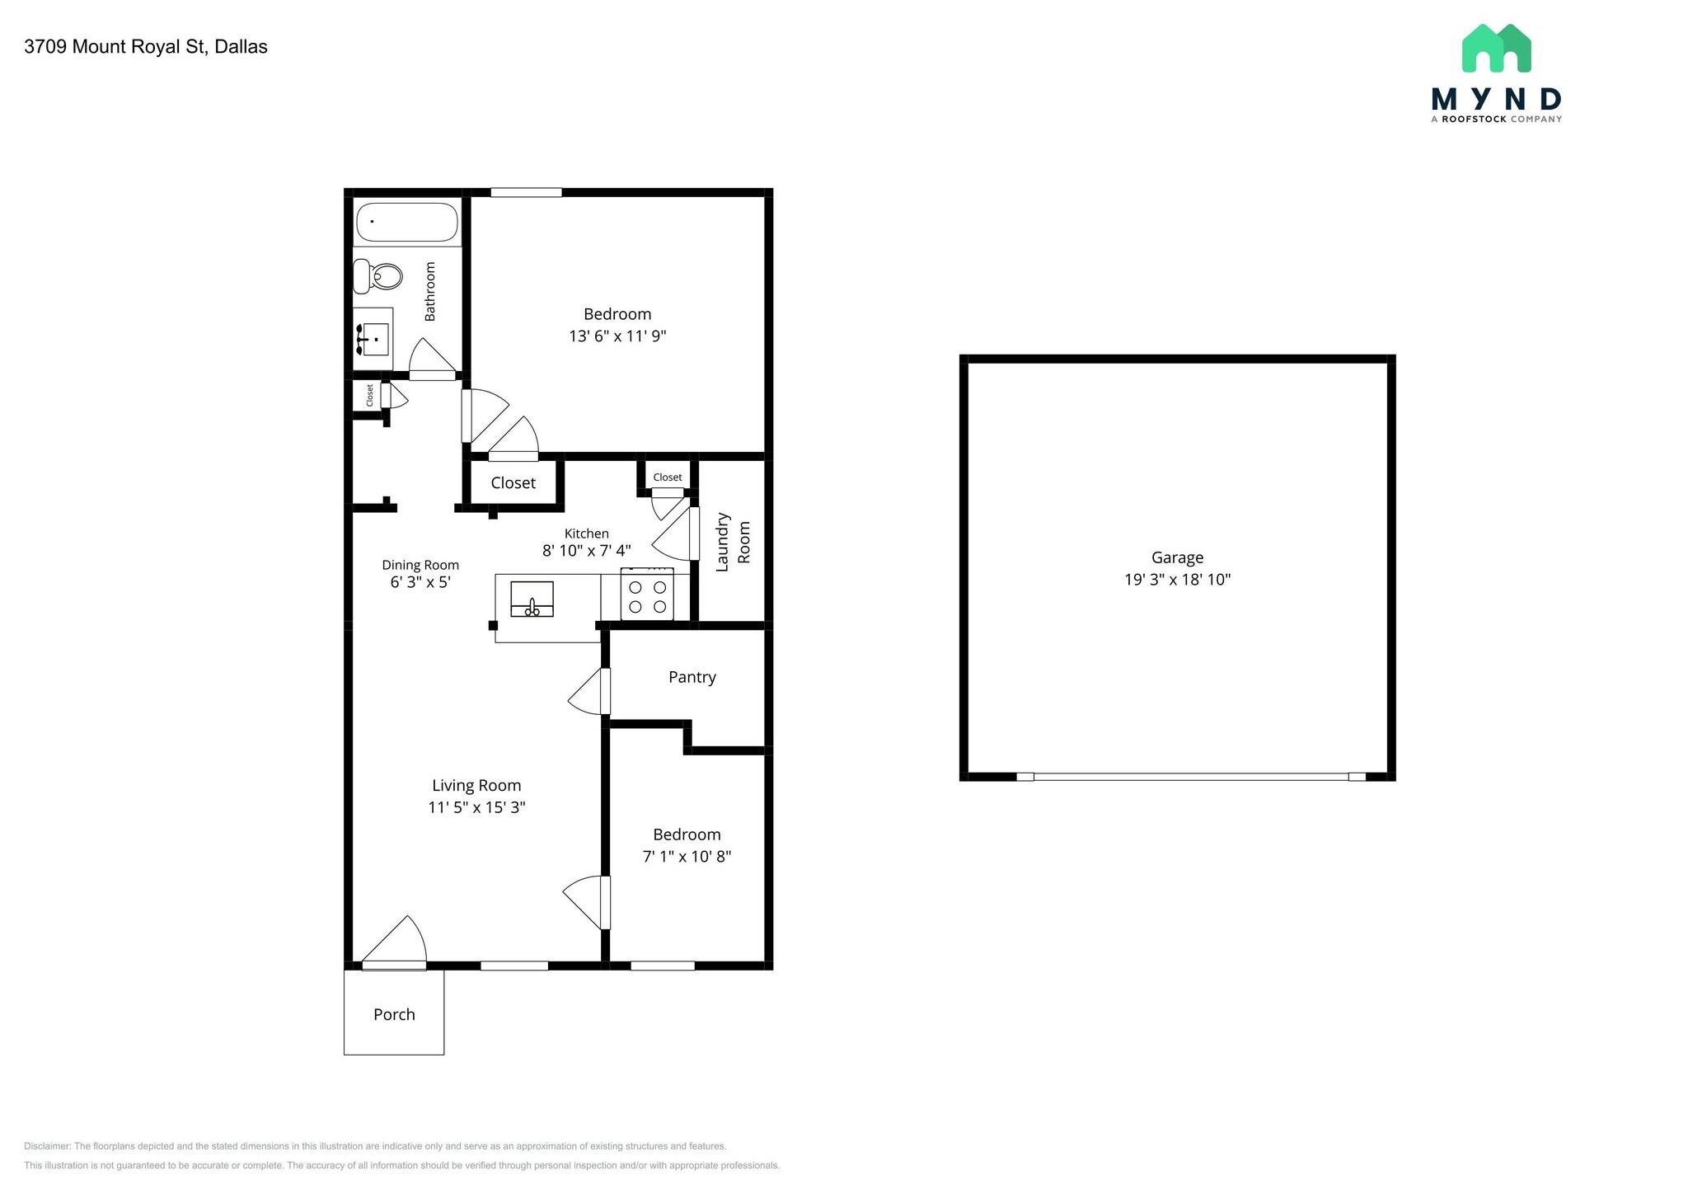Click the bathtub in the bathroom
click(x=406, y=222)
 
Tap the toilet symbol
click(x=377, y=275)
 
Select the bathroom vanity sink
click(x=375, y=339)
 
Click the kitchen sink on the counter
click(x=532, y=599)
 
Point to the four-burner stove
click(x=647, y=596)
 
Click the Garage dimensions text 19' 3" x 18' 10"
click(x=1177, y=580)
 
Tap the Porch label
click(x=394, y=1014)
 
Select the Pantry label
click(x=692, y=677)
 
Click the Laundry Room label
click(x=733, y=542)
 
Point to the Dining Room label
click(x=420, y=565)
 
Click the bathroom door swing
click(x=431, y=358)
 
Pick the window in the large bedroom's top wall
click(x=526, y=193)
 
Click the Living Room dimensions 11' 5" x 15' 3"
click(x=476, y=807)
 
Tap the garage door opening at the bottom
click(x=1190, y=777)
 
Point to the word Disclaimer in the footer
click(x=47, y=1146)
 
